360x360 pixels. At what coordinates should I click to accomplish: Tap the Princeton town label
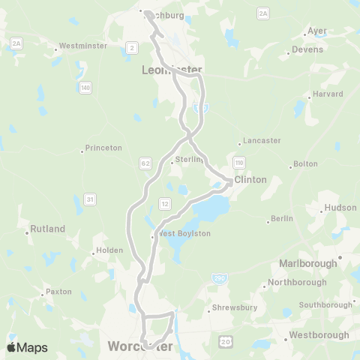[103, 148]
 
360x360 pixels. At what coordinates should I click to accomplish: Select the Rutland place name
[48, 229]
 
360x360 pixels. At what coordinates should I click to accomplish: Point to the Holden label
[102, 251]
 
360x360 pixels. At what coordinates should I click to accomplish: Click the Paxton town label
[58, 291]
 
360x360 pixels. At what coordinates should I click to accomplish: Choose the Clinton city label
[250, 180]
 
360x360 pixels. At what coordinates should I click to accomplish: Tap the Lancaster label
[259, 140]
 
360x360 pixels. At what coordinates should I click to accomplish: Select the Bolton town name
[306, 163]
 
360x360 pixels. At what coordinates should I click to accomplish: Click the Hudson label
[336, 208]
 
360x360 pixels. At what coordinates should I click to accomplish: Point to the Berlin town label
[281, 218]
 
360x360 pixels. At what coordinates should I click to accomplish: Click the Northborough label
[298, 282]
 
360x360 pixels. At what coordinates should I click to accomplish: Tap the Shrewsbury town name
[233, 307]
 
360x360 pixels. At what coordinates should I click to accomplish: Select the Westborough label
[319, 334]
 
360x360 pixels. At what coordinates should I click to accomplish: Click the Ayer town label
[318, 31]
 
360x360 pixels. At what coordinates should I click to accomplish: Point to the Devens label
[308, 49]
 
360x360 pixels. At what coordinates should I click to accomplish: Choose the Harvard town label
[328, 94]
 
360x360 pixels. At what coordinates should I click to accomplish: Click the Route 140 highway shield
[86, 88]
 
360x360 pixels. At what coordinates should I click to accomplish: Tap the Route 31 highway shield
[90, 198]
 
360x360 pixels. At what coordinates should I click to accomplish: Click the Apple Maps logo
[27, 347]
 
